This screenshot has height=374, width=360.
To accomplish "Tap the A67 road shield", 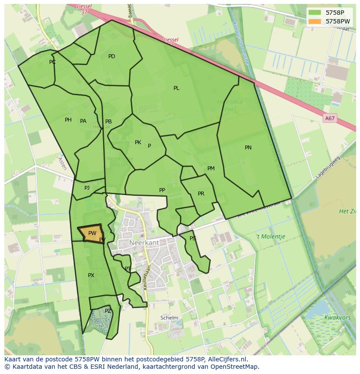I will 330,118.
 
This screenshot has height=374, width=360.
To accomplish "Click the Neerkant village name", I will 144,242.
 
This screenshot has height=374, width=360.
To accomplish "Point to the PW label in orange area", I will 92,233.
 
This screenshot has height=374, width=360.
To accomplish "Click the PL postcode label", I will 176,88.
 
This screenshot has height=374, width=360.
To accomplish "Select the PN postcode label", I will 248,148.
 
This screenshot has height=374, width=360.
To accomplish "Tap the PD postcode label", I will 112,56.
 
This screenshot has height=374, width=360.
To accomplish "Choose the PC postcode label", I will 53,62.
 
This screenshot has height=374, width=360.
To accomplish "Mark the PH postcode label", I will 68,120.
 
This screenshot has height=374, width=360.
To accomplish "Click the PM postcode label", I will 211,169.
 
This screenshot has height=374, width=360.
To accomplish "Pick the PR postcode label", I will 201,194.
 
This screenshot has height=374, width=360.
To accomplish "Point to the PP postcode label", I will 162,190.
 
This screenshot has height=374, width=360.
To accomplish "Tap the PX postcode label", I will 91,275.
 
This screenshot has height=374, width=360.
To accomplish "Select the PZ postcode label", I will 108,311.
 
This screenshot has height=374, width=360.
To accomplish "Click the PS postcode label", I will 193,238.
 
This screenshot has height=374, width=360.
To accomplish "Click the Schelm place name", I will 169,318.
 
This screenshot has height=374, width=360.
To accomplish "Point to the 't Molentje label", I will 270,237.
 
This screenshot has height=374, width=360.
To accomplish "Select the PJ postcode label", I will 87,188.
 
